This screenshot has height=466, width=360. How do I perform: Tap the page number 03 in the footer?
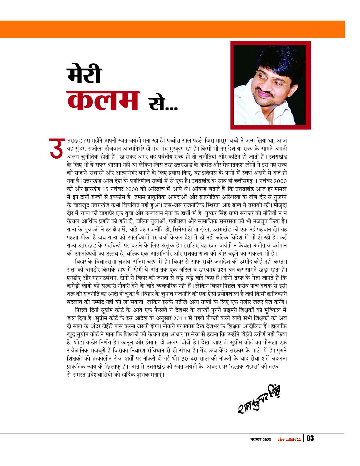click(x=310, y=438)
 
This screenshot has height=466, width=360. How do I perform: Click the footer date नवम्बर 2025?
click(x=260, y=439)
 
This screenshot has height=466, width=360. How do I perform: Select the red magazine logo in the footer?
click(x=289, y=439)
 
